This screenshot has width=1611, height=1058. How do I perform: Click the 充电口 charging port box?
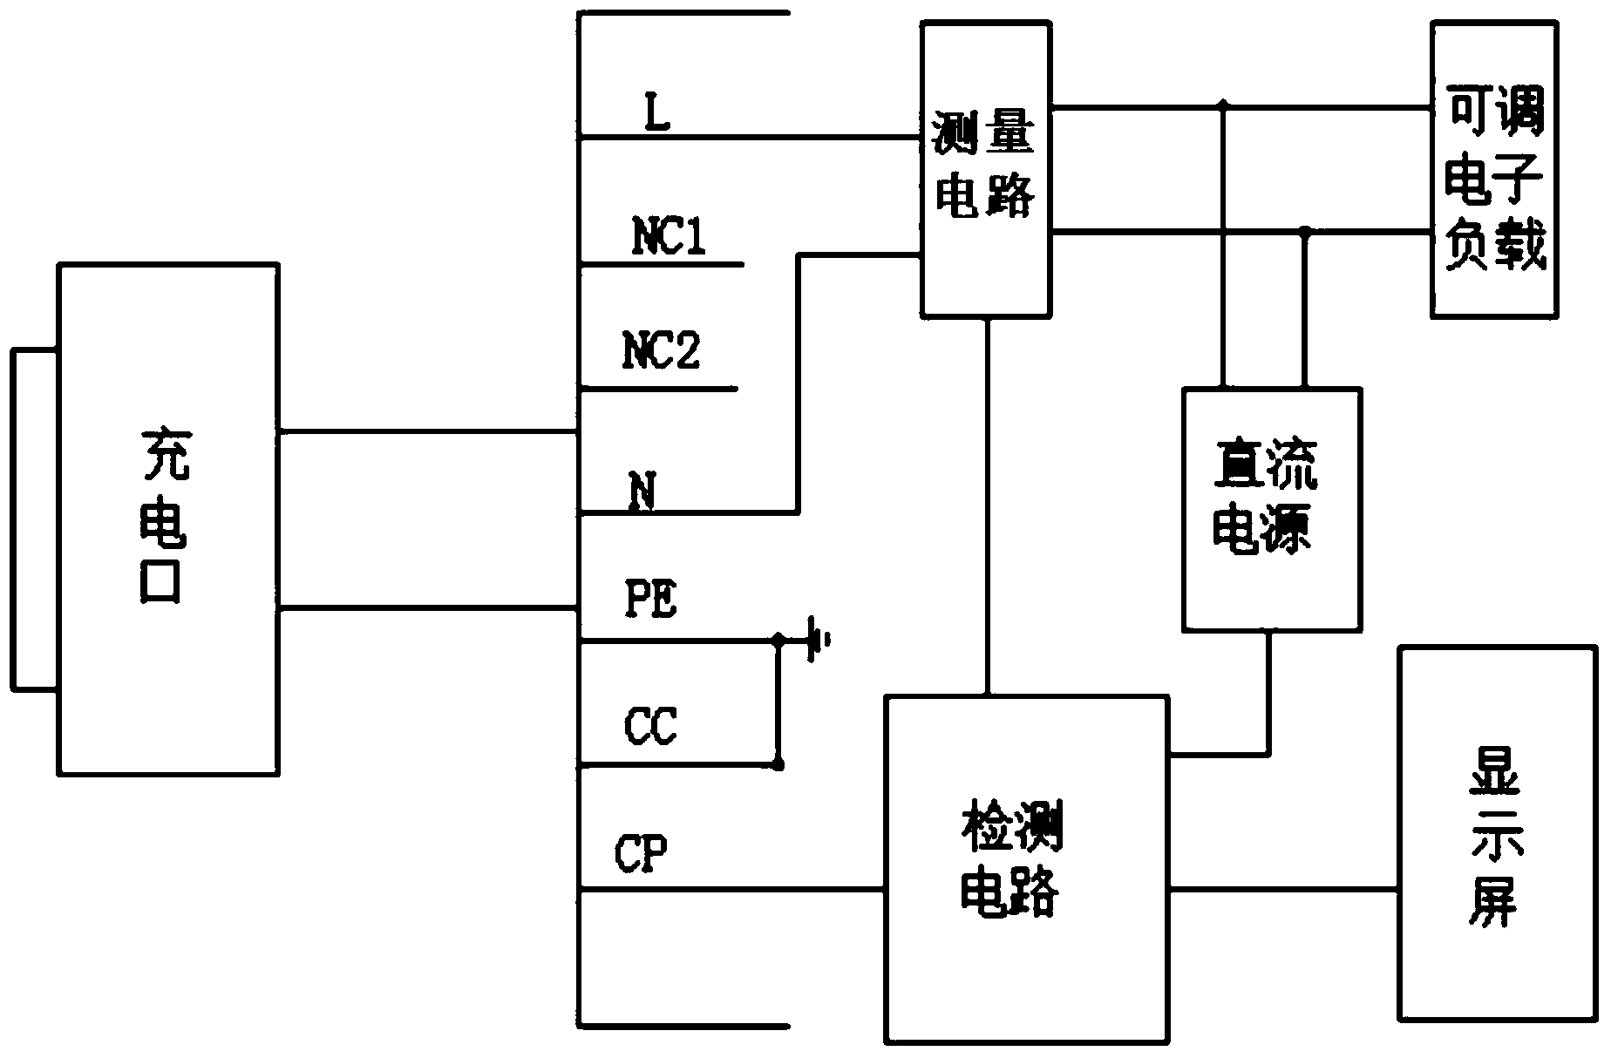168,519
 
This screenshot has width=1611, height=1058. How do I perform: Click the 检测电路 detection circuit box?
1026,868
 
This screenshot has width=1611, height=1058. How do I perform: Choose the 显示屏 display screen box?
1497,832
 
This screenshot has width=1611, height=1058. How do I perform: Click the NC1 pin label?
669,237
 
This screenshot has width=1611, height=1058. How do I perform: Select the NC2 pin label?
662,350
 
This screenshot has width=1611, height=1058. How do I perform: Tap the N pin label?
642,492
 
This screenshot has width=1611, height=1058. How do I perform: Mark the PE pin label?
651,600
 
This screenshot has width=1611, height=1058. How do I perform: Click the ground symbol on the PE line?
817,641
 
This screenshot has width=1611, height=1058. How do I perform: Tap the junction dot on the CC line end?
778,765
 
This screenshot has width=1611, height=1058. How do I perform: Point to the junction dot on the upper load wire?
1223,106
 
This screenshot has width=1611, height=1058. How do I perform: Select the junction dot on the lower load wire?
1305,232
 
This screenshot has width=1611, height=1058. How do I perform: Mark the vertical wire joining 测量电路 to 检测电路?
987,505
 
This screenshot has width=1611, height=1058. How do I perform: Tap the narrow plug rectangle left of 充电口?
34,519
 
